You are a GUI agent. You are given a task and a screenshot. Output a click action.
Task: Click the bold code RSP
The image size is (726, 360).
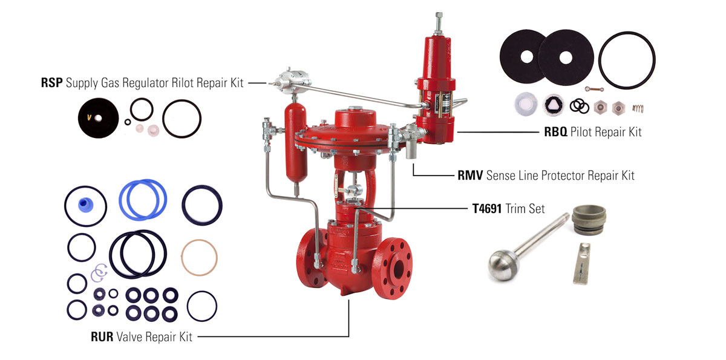pyautogui.click(x=52, y=83)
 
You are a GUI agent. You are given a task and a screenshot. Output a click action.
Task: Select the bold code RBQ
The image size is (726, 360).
pyautogui.click(x=555, y=131)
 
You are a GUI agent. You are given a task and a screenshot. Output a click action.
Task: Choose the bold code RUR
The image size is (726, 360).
pyautogui.click(x=102, y=336)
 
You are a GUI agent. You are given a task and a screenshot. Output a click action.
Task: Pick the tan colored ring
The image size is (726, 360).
pyautogui.click(x=199, y=257)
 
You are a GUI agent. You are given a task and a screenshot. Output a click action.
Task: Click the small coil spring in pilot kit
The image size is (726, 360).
pyautogui.click(x=637, y=108)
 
